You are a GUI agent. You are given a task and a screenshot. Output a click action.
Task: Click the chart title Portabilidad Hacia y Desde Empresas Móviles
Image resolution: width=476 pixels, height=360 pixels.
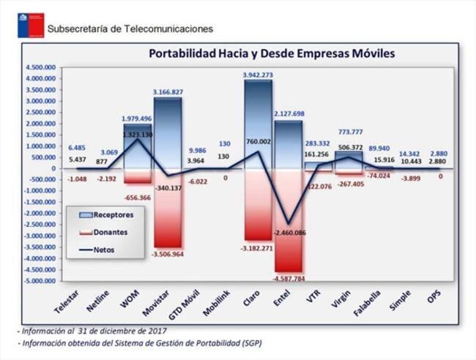[x=272, y=53]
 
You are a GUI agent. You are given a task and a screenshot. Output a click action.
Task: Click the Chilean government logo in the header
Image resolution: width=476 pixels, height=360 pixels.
[x=30, y=25]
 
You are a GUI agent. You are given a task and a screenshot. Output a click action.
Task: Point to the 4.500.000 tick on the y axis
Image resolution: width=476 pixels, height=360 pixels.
[x=41, y=68]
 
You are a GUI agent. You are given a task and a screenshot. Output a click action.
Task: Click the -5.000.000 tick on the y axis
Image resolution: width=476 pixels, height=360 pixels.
[x=40, y=280]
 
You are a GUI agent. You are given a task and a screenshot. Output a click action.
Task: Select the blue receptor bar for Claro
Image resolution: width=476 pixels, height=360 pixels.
[x=258, y=124]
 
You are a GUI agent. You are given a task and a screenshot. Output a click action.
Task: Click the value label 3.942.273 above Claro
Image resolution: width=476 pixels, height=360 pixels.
[x=258, y=75]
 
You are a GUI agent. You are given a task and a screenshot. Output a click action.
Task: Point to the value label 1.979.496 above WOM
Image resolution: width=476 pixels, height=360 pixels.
[x=138, y=119]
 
